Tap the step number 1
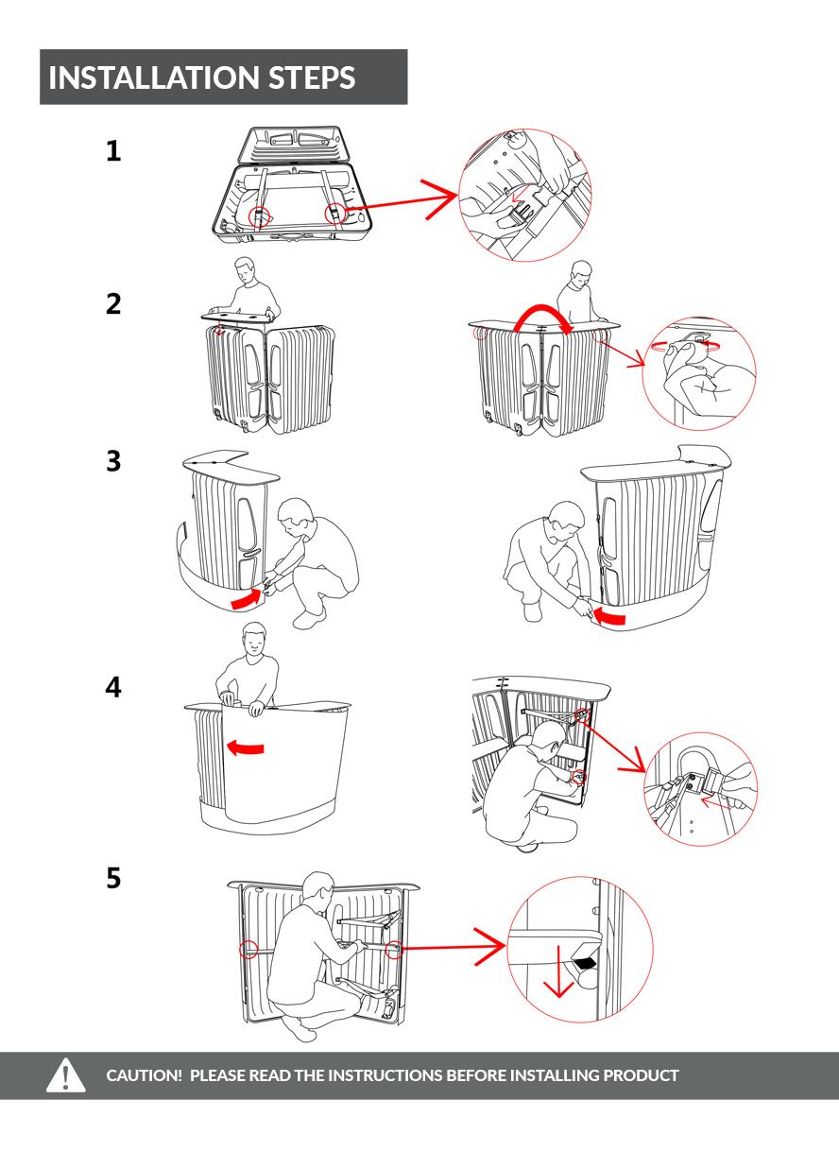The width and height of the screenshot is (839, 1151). [x=113, y=151]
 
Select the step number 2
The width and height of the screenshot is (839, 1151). [x=113, y=304]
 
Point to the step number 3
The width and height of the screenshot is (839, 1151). [x=113, y=462]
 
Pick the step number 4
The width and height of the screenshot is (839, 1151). [x=113, y=687]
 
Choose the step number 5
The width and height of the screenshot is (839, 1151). [x=113, y=879]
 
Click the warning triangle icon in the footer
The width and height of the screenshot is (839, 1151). [x=66, y=1075]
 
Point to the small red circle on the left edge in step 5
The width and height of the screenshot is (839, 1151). [x=248, y=949]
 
